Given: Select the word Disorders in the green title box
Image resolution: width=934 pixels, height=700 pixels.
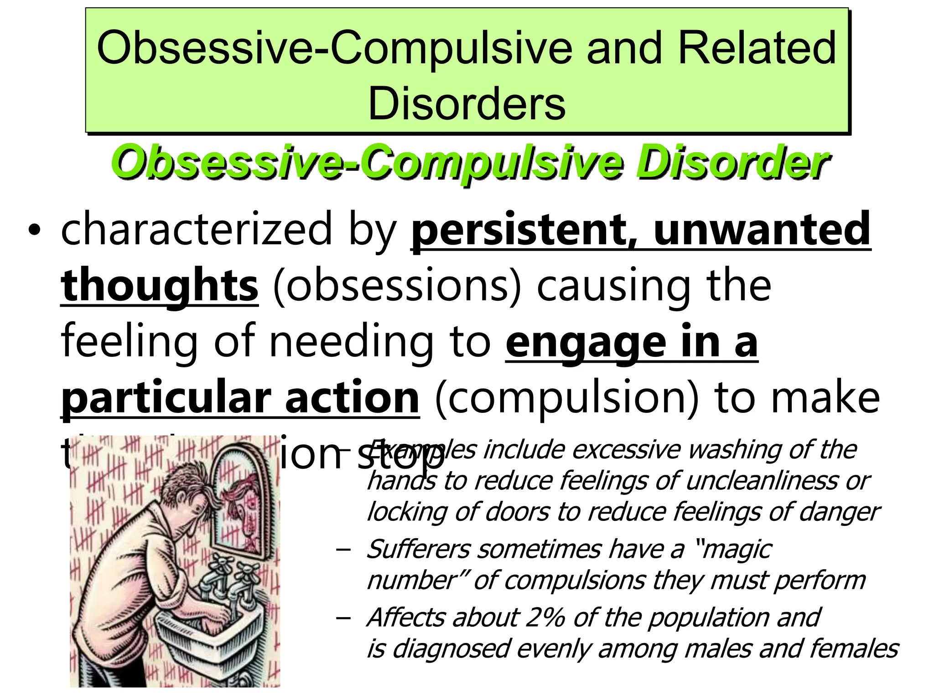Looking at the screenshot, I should (x=467, y=104).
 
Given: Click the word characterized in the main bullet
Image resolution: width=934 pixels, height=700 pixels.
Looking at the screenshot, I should (x=197, y=229).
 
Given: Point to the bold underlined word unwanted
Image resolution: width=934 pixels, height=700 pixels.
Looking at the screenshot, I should (x=762, y=229).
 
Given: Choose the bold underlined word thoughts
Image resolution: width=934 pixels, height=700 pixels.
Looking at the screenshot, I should (x=160, y=286).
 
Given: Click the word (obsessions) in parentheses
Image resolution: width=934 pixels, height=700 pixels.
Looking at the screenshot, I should (x=397, y=286).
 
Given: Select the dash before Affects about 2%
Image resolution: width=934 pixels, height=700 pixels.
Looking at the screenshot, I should (x=342, y=618).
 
